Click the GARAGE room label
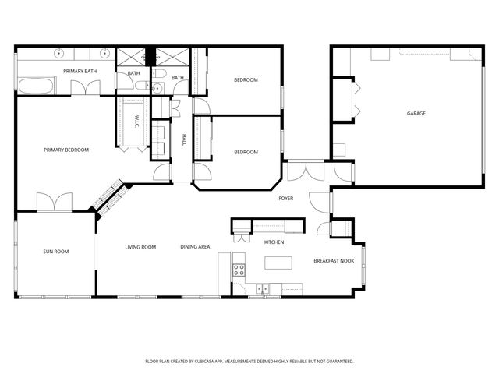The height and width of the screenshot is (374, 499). pos(416,114)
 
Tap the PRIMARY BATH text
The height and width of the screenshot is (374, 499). pos(80,72)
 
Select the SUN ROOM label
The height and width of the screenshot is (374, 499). pos(56,252)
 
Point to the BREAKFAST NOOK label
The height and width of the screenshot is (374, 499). pos(334,261)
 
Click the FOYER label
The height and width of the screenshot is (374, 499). pos(286,199)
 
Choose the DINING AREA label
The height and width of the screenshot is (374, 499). pos(195,247)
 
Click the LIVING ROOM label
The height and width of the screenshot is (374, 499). pos(141,247)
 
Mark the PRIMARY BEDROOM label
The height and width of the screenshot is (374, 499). pos(66,150)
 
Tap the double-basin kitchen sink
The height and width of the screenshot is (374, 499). pos(263,289)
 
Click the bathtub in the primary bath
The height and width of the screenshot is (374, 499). pos(37,86)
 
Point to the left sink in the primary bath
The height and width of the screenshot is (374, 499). pos(59,54)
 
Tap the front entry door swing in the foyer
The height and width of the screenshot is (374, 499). pos(320,201)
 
